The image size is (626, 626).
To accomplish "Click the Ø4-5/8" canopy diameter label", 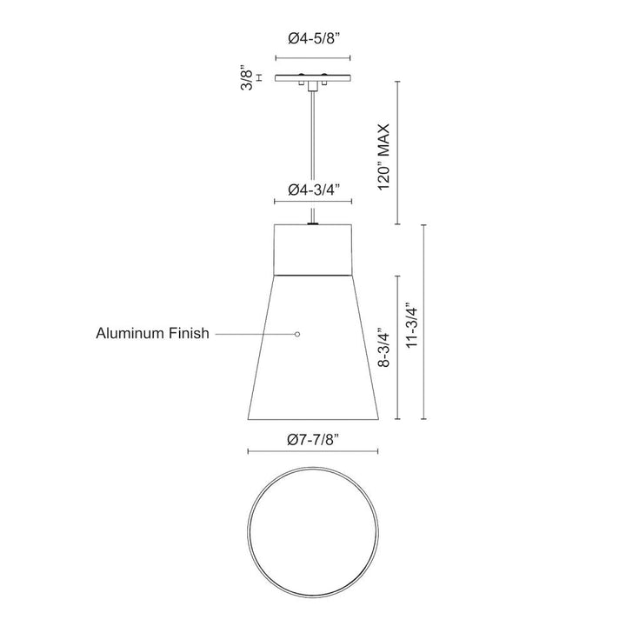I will [x=313, y=39].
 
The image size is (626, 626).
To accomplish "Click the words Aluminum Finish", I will [x=153, y=334].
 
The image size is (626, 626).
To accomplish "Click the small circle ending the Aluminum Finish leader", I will [x=297, y=334].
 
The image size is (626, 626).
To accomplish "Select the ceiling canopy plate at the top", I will [x=313, y=77].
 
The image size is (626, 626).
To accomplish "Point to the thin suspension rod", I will [x=313, y=156].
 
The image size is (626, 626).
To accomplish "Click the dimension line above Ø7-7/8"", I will [x=313, y=451].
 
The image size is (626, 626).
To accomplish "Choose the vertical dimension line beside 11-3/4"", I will [x=425, y=322].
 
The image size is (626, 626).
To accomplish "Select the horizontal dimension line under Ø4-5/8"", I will [x=313, y=59].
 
